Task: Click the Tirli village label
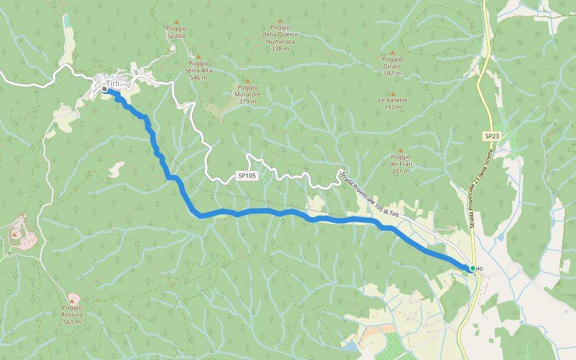(112, 83)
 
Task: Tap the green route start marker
(473, 268)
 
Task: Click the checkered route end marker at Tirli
(105, 89)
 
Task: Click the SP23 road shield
(491, 136)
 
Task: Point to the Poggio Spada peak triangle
(176, 22)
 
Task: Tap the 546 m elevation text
(198, 77)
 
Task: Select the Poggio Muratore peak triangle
(247, 80)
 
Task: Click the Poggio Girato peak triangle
(392, 53)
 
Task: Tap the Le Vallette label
(392, 100)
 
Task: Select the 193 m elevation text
(392, 108)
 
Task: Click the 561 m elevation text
(71, 322)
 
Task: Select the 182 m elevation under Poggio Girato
(392, 74)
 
